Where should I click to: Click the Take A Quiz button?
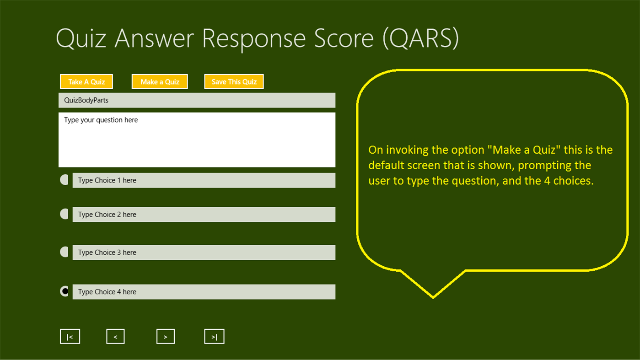[x=86, y=82]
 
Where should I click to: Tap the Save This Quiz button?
[x=234, y=82]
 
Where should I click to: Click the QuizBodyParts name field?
[x=197, y=100]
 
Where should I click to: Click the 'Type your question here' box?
[x=197, y=140]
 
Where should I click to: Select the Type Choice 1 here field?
[x=204, y=180]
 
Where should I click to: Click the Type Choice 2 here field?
[x=204, y=215]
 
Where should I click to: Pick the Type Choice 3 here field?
[x=204, y=253]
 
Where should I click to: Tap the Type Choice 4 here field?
[x=204, y=292]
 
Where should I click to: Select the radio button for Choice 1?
[x=65, y=180]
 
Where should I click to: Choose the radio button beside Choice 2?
[x=65, y=214]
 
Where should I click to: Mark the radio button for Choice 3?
[x=65, y=252]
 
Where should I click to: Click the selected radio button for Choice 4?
[x=65, y=291]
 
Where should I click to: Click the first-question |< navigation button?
[x=70, y=337]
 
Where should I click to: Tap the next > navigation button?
[x=165, y=337]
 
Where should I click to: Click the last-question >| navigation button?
[x=214, y=337]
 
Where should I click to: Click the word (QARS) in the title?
[x=420, y=38]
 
